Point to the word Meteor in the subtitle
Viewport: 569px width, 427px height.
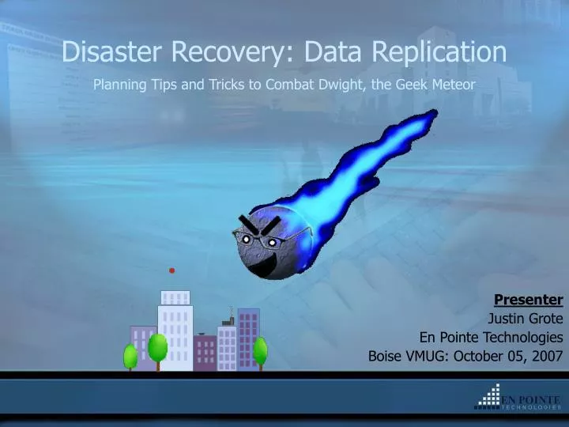453,84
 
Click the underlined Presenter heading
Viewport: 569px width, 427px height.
528,300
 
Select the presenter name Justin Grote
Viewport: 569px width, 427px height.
525,319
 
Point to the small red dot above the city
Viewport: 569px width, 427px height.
171,270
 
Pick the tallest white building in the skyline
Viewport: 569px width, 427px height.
175,332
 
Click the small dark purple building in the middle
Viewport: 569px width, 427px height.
205,352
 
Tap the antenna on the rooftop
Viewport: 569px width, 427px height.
230,313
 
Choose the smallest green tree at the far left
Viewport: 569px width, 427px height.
130,356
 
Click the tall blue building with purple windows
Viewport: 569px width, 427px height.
248,338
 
